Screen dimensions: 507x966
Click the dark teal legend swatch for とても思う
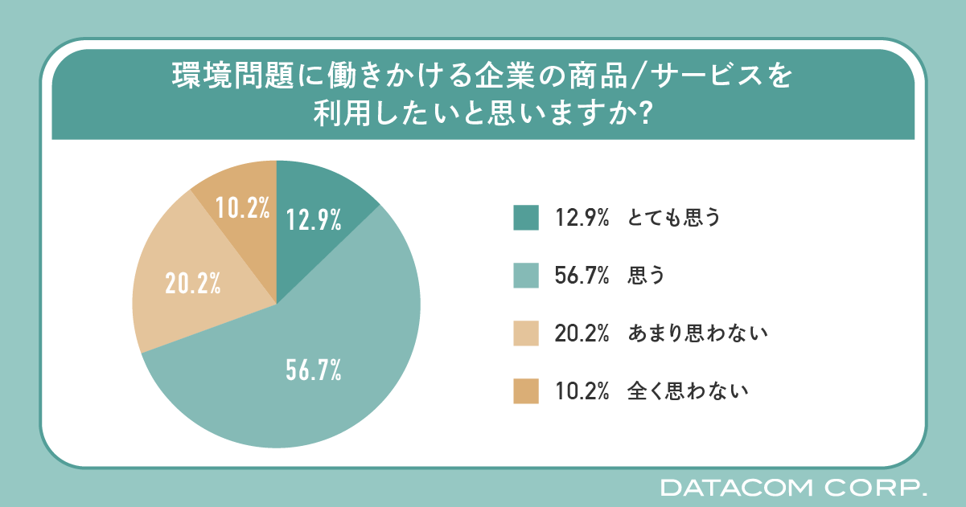(x=525, y=218)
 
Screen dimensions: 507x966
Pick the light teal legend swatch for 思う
(x=525, y=276)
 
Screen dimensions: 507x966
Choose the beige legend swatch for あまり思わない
(x=525, y=333)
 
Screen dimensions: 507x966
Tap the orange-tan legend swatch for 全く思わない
(x=525, y=391)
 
